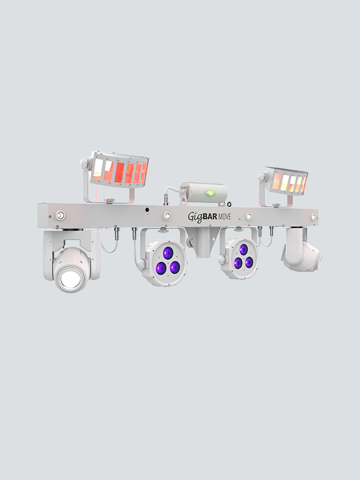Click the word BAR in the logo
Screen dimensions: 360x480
(x=210, y=217)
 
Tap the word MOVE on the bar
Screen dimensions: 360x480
(x=224, y=217)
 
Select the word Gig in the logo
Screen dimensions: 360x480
(x=195, y=217)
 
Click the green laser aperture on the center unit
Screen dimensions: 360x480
(x=209, y=193)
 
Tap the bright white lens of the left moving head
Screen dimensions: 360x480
(x=70, y=279)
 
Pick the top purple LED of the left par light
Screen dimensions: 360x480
(x=168, y=253)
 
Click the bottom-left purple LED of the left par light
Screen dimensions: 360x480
(x=161, y=268)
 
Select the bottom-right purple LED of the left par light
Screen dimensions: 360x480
(x=175, y=267)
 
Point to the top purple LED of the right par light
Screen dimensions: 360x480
(x=244, y=250)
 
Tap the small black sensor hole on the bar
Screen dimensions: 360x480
(x=147, y=209)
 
